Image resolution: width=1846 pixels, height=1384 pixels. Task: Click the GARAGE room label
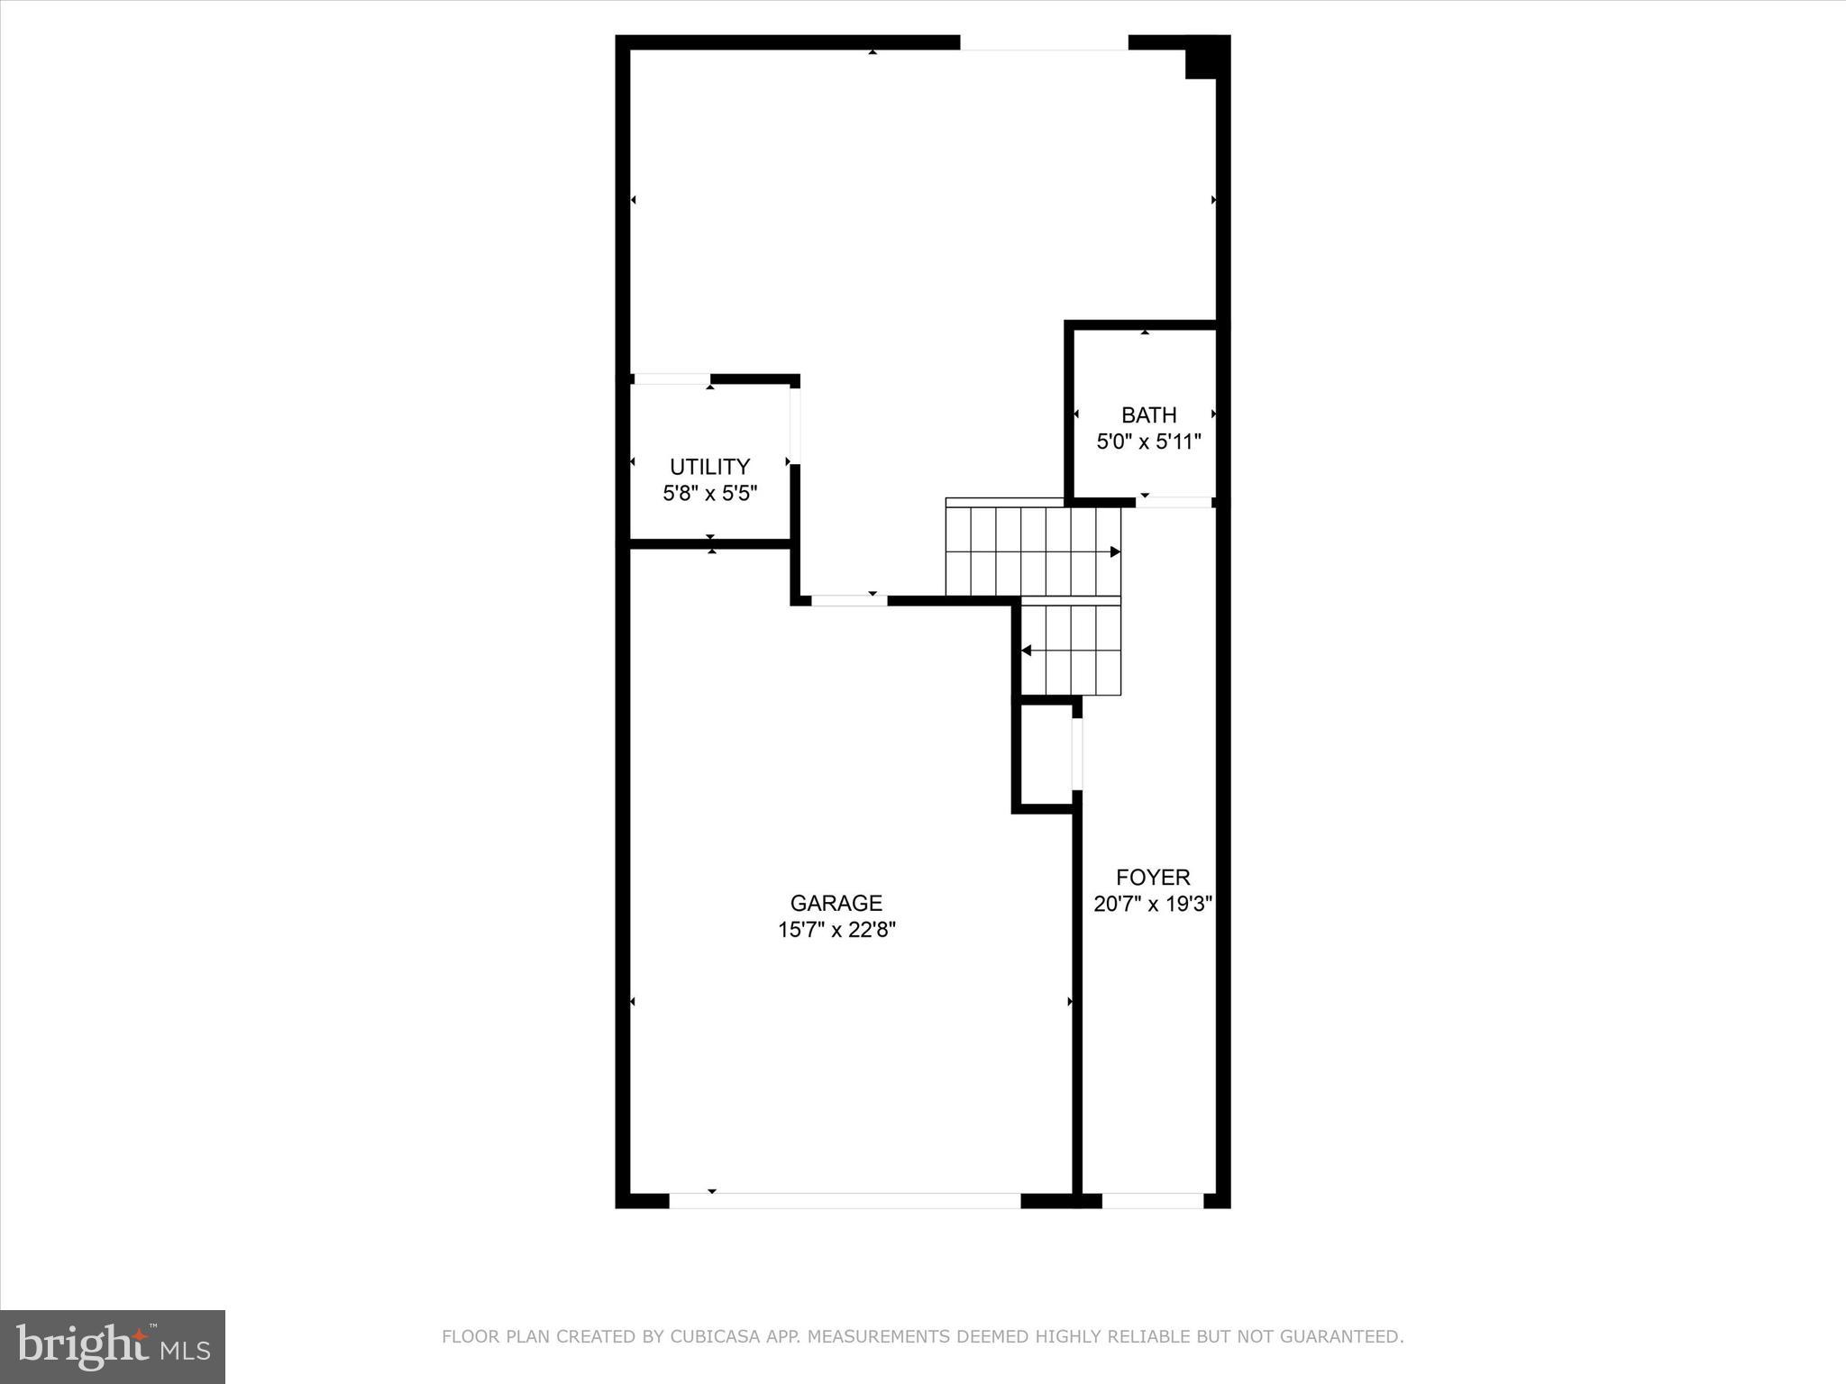[836, 903]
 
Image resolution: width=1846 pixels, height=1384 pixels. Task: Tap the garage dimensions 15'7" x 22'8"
[836, 930]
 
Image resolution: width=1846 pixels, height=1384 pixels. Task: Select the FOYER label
[1152, 877]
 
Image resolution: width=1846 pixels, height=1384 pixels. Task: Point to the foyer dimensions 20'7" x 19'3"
[1152, 904]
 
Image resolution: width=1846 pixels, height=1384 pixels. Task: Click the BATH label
[1148, 415]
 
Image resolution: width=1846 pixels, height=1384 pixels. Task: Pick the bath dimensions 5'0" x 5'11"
[1148, 442]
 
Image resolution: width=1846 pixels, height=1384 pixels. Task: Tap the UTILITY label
[709, 467]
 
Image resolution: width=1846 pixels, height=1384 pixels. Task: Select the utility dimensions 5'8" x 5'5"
[709, 493]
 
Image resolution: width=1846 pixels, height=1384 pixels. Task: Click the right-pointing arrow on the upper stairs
[1115, 551]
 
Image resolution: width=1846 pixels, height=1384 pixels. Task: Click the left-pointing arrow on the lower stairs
[1026, 651]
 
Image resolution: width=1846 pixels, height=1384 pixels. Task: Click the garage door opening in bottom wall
[845, 1200]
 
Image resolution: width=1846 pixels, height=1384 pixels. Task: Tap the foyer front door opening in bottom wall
[1152, 1200]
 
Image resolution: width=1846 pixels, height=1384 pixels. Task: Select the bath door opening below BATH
[1173, 502]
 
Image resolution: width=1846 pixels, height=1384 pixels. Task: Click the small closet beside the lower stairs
[1046, 754]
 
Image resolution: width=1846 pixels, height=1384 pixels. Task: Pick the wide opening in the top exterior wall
[1044, 42]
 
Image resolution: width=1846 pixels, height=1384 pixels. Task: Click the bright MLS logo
[113, 1346]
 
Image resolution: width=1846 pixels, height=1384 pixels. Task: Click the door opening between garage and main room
[849, 600]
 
